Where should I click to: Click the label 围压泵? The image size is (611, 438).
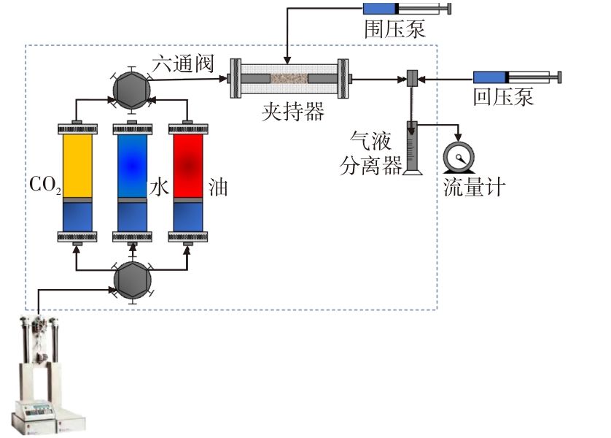click(394, 30)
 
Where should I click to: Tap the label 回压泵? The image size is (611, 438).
click(503, 97)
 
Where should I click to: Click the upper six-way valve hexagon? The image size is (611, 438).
click(132, 91)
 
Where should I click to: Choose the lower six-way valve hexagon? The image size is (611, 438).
click(132, 281)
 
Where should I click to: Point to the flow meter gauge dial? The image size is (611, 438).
click(459, 156)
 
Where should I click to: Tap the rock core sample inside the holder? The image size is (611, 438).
click(289, 77)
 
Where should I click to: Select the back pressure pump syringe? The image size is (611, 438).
click(516, 77)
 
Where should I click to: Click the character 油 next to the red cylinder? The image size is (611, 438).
click(217, 188)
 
